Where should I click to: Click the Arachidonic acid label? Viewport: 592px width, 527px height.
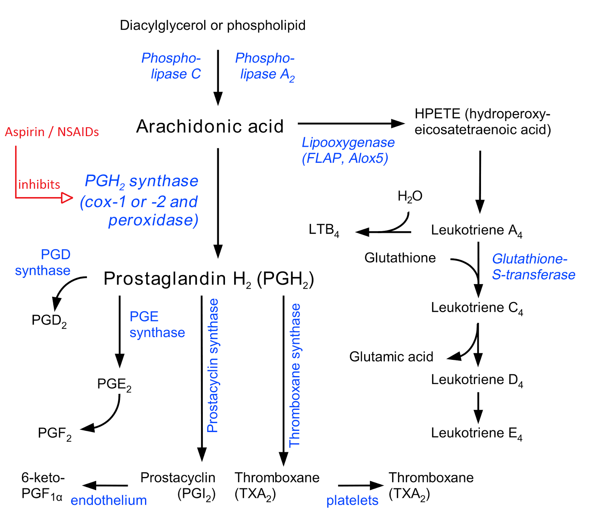[210, 126]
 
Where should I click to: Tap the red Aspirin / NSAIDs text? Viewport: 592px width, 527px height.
[52, 132]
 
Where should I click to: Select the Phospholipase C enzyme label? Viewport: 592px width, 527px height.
[172, 66]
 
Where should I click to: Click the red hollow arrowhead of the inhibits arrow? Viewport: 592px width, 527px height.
[67, 198]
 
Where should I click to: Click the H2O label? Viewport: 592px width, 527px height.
[410, 196]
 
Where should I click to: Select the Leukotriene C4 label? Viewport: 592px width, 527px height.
[477, 308]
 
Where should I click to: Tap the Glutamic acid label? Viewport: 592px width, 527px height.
[391, 357]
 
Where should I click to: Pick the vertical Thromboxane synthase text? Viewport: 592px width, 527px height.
[295, 375]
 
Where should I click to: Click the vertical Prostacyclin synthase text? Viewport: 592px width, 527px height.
[213, 365]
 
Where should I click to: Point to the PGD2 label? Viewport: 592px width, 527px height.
[49, 321]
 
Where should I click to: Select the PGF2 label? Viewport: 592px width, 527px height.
[54, 433]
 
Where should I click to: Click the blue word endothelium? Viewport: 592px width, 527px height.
[109, 500]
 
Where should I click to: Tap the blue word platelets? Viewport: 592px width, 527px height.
[352, 500]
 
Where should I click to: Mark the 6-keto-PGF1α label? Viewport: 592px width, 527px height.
[42, 486]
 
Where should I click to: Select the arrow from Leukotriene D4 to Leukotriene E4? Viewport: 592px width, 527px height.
[478, 407]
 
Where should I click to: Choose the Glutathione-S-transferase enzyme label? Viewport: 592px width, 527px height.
[533, 267]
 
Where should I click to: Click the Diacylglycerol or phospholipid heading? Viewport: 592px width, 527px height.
[213, 26]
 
